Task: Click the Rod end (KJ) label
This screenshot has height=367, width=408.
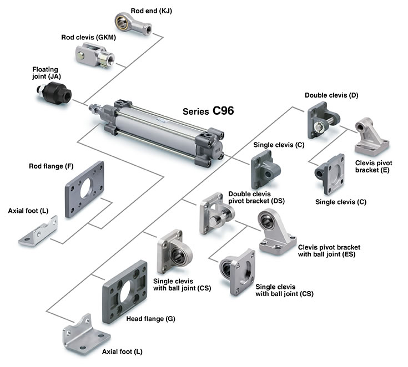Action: tap(151, 11)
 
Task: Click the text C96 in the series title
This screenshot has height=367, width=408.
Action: tap(223, 110)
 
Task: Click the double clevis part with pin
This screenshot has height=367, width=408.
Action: tap(323, 120)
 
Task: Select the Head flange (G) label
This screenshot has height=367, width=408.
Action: tap(150, 319)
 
